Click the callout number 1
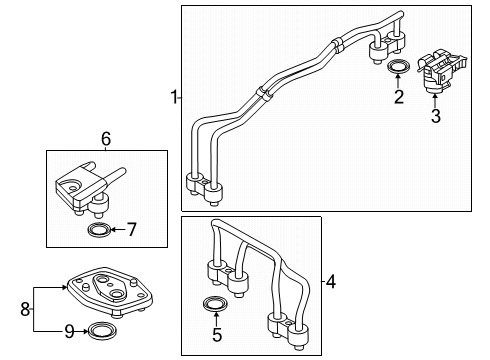(173, 97)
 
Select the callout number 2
(398, 97)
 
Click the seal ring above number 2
(398, 67)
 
